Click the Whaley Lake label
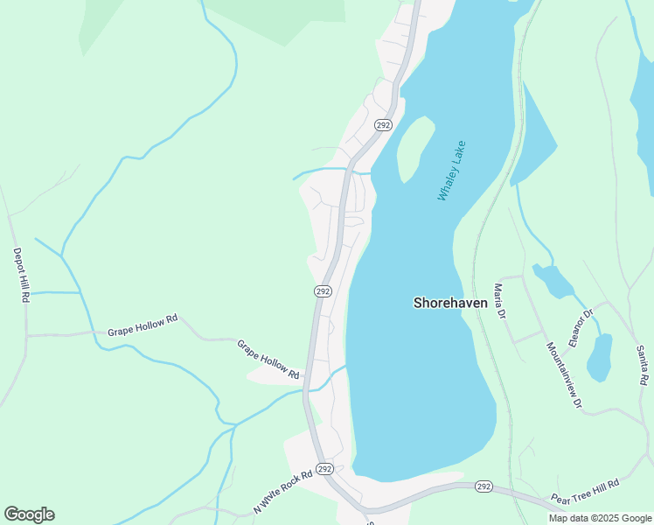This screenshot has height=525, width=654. coord(451,171)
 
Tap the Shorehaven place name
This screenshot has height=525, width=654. coord(450,302)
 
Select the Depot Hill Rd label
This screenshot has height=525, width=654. coord(20,275)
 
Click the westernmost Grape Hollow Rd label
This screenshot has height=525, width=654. coord(143,325)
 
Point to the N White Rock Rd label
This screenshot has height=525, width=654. coord(282,493)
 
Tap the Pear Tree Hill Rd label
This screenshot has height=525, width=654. coord(585,493)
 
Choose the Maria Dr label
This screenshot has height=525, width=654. coord(499,301)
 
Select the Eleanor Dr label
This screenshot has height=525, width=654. coord(581,326)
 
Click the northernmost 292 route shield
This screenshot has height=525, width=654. coord(383,125)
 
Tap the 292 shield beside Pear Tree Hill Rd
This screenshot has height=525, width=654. coord(484,486)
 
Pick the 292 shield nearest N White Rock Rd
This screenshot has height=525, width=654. coord(324,470)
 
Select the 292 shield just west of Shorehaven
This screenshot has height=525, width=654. coord(323,290)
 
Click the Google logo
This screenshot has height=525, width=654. coord(29,514)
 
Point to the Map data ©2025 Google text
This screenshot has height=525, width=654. coord(599,518)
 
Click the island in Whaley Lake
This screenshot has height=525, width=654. coord(415,148)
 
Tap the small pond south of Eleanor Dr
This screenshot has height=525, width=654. coord(599,358)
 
